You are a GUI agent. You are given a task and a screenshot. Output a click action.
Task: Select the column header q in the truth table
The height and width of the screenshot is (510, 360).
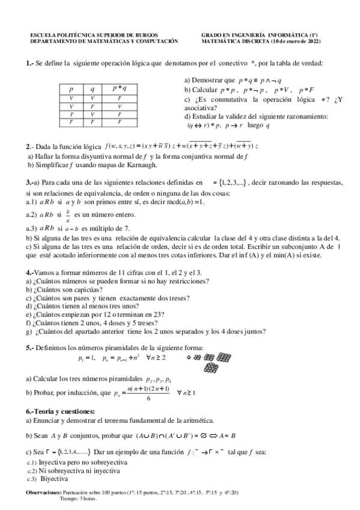point(92,88)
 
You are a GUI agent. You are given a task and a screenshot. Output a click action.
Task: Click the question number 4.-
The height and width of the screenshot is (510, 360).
point(30,272)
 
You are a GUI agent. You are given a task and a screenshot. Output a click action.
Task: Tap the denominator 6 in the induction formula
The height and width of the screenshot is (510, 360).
point(148,398)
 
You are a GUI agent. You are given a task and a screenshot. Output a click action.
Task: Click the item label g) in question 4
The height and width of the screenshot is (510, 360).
point(29,331)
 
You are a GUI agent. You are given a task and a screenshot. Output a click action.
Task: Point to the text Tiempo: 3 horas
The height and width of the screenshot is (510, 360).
point(79,499)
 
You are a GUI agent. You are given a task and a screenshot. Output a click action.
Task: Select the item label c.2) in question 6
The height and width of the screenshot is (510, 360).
point(32,471)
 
